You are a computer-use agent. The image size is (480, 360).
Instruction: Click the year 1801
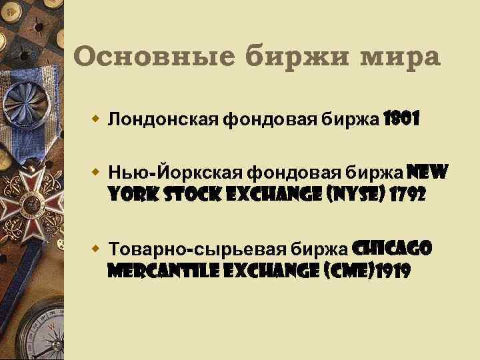(x=401, y=120)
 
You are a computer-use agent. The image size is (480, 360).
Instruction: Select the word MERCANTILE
(x=157, y=273)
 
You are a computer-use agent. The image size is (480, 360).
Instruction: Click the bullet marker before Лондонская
(x=96, y=120)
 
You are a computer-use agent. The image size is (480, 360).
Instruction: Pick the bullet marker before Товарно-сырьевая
(x=96, y=249)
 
